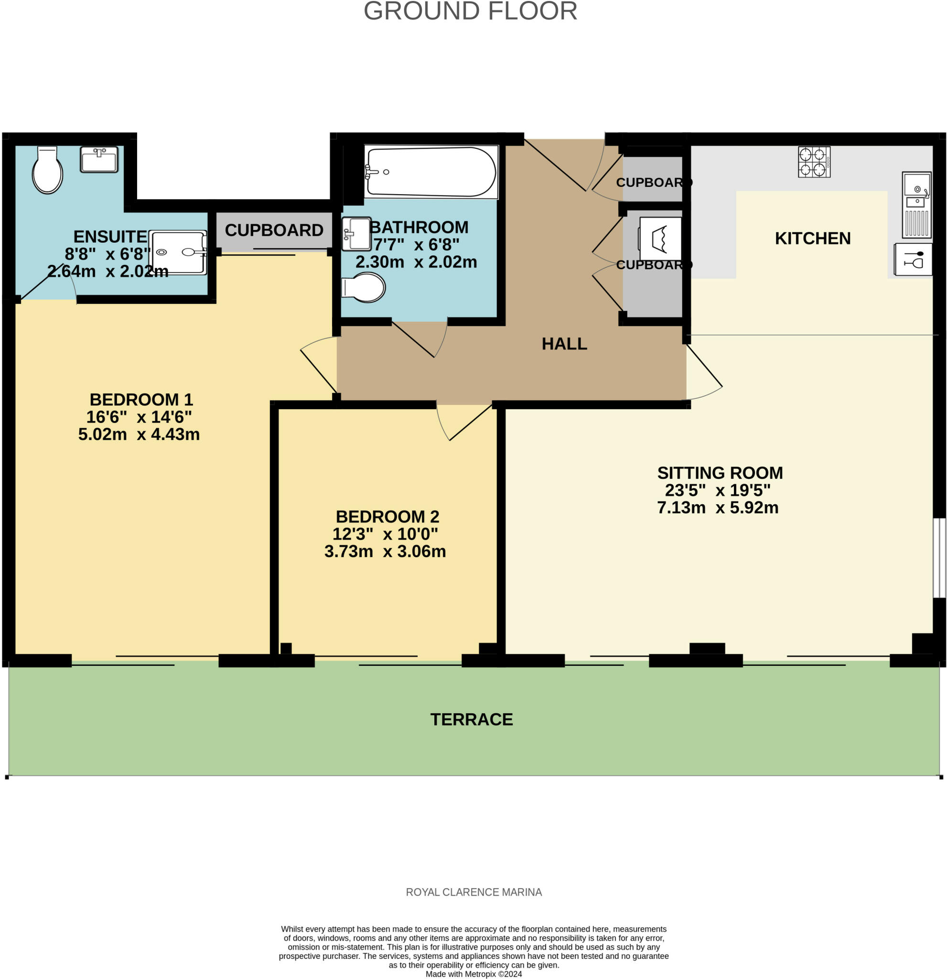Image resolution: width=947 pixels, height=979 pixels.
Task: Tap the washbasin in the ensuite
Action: [99, 159]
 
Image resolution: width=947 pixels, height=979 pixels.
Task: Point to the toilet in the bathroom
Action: [364, 288]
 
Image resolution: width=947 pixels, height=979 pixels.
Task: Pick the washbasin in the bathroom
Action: [356, 233]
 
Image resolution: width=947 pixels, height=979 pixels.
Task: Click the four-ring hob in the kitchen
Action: [814, 162]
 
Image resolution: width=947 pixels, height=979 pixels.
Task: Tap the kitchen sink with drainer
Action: [916, 205]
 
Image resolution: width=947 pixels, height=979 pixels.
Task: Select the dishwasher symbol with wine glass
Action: [913, 259]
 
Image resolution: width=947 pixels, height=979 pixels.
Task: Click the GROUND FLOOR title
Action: [470, 11]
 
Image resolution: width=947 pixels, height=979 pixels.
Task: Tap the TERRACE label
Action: [471, 719]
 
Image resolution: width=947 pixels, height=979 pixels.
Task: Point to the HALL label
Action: [564, 344]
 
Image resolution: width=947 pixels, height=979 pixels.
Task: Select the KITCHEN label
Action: [812, 238]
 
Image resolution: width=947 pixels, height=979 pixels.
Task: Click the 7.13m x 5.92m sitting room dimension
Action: [717, 508]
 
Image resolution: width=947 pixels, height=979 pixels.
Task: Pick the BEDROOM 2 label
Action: [387, 516]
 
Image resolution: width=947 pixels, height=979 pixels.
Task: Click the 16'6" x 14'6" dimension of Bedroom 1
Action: [139, 416]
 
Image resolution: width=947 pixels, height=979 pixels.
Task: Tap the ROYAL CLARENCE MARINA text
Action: [473, 892]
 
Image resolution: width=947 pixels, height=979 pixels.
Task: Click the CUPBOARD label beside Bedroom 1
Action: [274, 230]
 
